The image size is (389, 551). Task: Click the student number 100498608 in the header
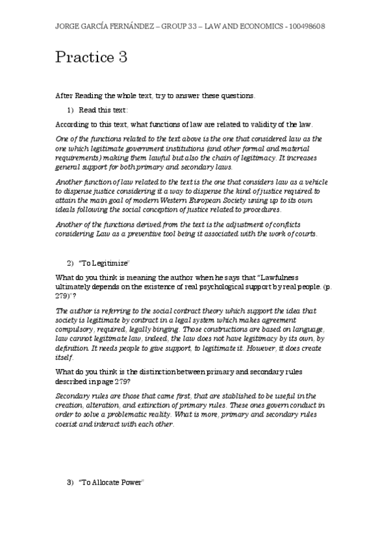click(x=308, y=26)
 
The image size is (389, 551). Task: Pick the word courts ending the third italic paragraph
click(x=304, y=235)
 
